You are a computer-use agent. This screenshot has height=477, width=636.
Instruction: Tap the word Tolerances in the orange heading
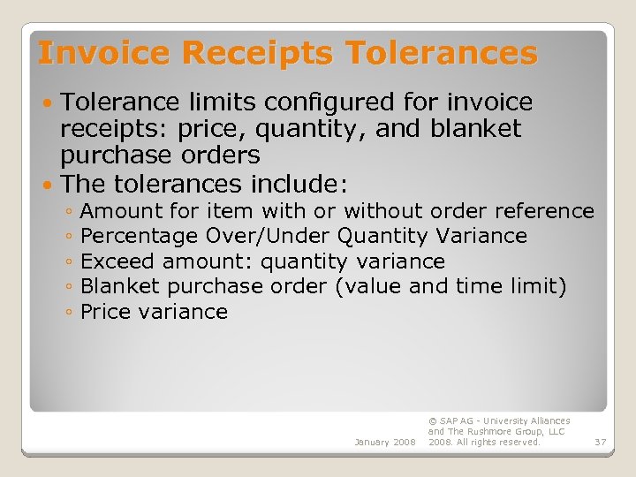coord(442,54)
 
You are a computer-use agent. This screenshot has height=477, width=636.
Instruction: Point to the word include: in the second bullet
coord(301,185)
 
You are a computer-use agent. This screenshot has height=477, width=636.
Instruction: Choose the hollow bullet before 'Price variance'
coord(69,313)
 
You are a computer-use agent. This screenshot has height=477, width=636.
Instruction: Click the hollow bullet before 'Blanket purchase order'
coord(69,287)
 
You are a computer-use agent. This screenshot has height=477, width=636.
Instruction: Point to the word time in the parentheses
coord(479,287)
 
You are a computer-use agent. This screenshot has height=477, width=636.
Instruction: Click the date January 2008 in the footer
coord(384,442)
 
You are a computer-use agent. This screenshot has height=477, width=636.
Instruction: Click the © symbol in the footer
coord(432,421)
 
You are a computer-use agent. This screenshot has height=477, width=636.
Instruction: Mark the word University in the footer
coord(507,421)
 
